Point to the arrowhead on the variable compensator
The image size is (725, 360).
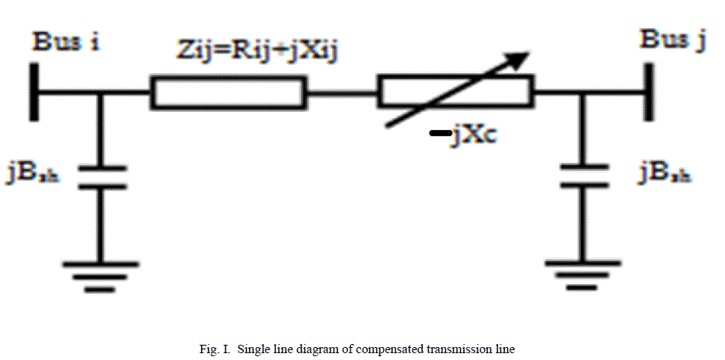click(519, 59)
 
